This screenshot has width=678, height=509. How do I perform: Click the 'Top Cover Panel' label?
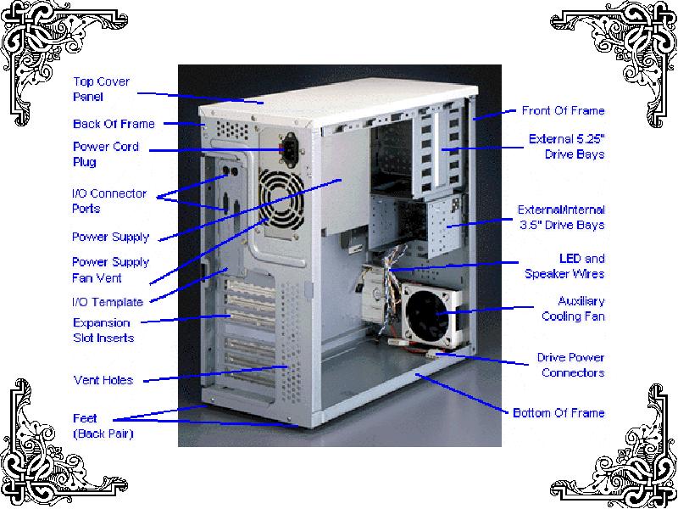(101, 89)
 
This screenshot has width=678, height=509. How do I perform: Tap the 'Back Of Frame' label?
(114, 124)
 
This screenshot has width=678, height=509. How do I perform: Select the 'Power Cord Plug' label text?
(106, 154)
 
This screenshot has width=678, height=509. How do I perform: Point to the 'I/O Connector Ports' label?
(109, 201)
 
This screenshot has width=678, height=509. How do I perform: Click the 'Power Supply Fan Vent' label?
(111, 270)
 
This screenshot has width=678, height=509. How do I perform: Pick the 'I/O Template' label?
(108, 302)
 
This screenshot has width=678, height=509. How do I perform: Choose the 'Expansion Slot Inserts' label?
(103, 330)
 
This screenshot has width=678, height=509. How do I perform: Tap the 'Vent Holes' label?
(103, 380)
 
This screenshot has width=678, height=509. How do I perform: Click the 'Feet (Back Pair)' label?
(103, 426)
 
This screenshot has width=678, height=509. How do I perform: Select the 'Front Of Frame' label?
(563, 111)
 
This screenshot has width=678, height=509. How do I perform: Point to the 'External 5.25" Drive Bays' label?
(567, 146)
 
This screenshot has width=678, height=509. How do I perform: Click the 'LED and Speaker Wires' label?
(564, 266)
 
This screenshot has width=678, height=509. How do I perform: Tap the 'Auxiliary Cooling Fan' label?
(574, 309)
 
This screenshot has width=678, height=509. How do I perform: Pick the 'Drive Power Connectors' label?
(570, 365)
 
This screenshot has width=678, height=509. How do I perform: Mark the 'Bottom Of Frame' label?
(559, 413)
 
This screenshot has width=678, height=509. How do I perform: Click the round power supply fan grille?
(281, 199)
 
